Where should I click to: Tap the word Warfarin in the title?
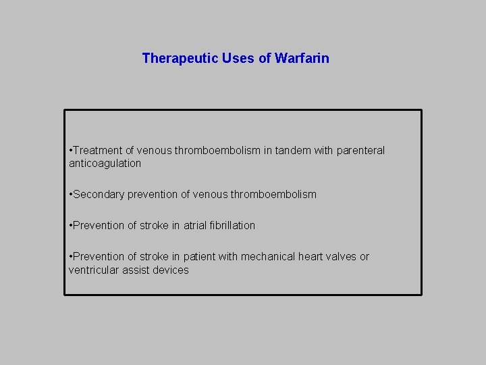pyautogui.click(x=302, y=58)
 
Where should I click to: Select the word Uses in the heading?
pyautogui.click(x=238, y=58)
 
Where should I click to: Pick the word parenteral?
pyautogui.click(x=360, y=150)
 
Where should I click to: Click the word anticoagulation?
pyautogui.click(x=105, y=163)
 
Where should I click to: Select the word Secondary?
pyautogui.click(x=98, y=194)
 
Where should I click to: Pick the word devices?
pyautogui.click(x=172, y=270)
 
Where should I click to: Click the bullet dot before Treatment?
pyautogui.click(x=70, y=150)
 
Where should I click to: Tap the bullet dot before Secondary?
pyautogui.click(x=70, y=194)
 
